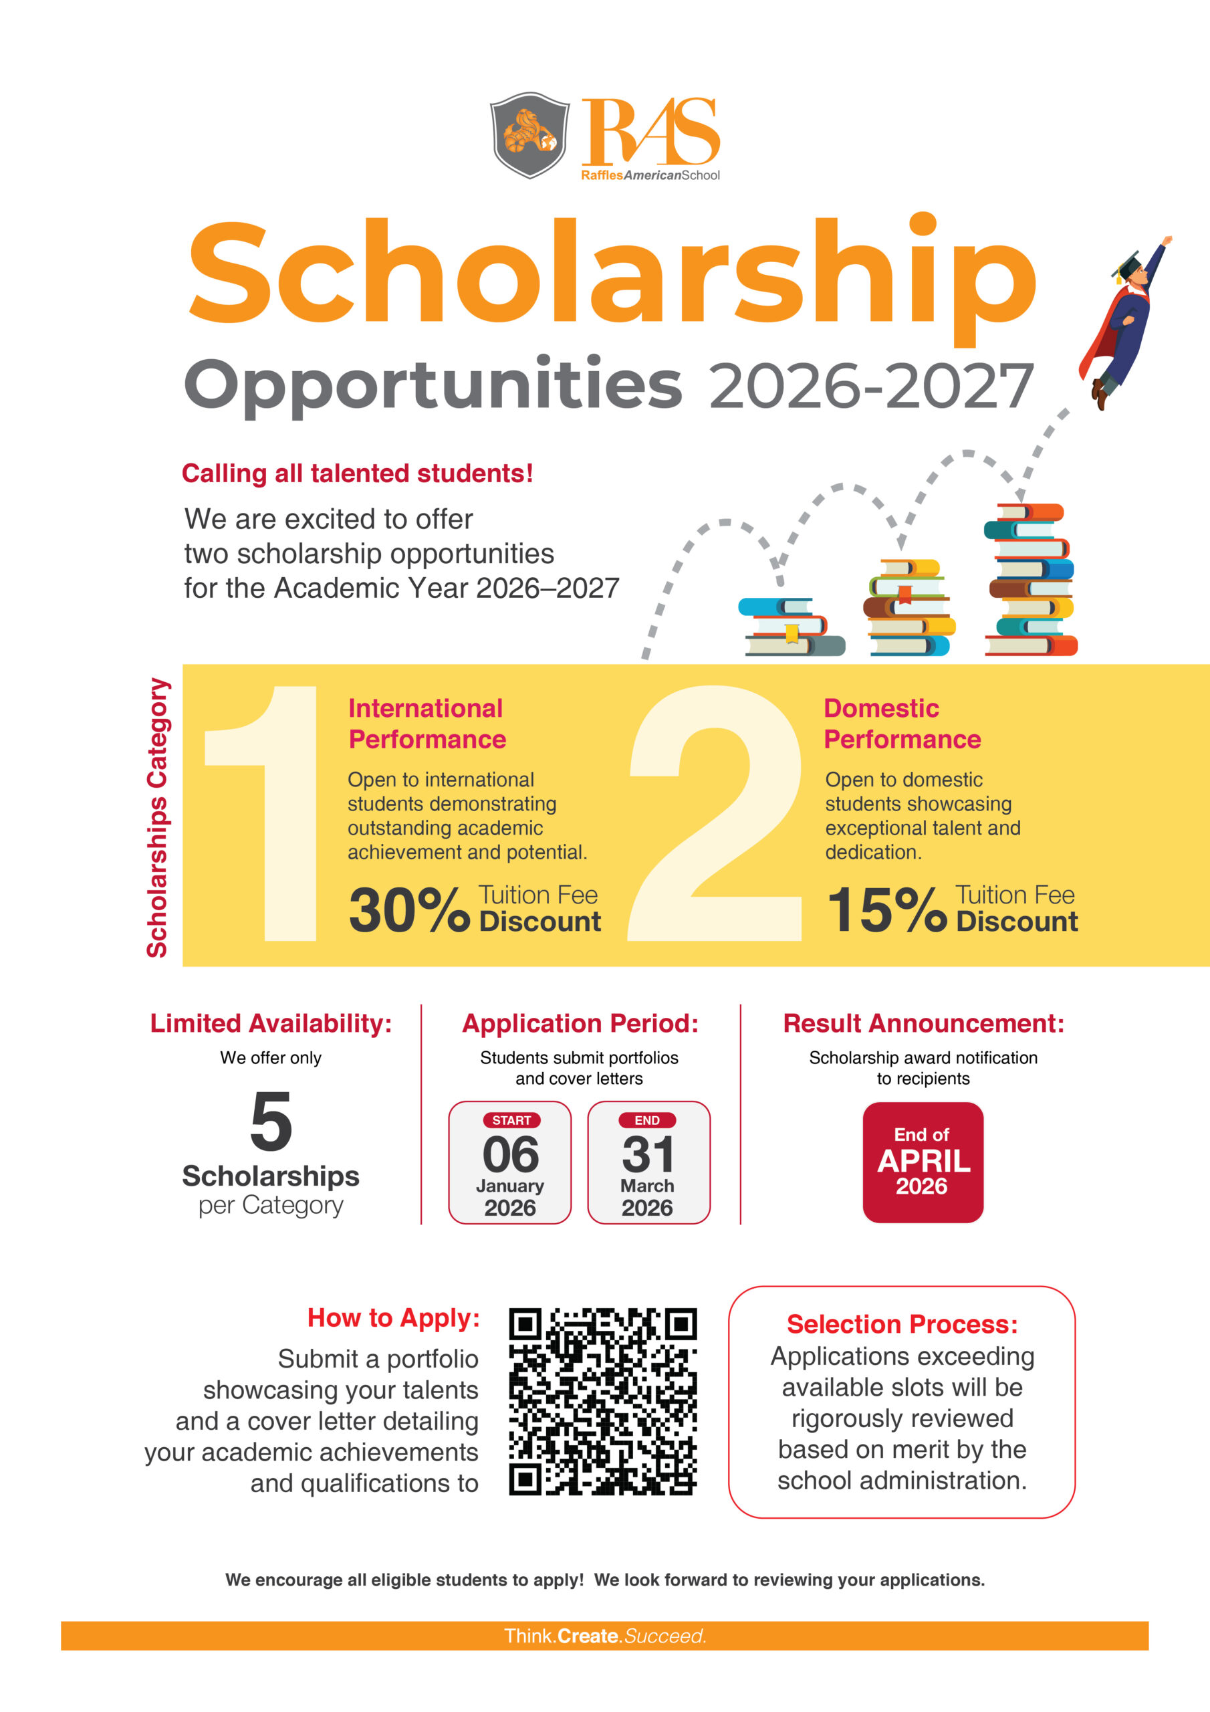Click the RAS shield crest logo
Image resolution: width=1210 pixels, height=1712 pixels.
(x=529, y=135)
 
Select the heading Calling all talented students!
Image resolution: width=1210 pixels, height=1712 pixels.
(x=357, y=473)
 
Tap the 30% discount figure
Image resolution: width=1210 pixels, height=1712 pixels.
(x=408, y=910)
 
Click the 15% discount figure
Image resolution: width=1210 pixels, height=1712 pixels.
(x=886, y=910)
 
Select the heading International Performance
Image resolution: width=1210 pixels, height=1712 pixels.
(x=427, y=724)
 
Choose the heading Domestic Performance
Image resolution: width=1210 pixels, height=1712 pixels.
(x=902, y=724)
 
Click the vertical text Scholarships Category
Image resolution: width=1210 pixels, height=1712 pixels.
(x=157, y=817)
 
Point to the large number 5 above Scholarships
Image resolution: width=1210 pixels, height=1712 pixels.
(x=271, y=1121)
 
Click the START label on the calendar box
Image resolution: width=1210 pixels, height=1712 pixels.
(x=511, y=1120)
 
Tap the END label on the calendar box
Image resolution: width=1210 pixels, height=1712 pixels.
(x=647, y=1120)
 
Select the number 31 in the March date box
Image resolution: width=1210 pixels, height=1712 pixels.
(x=648, y=1154)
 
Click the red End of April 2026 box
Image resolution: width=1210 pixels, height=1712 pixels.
(x=923, y=1162)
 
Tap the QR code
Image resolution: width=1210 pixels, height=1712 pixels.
(x=602, y=1401)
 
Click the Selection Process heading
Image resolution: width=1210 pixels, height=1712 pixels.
(x=902, y=1324)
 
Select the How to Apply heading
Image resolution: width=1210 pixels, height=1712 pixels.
(x=394, y=1317)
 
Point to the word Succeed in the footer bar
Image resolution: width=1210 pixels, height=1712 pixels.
(x=665, y=1636)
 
